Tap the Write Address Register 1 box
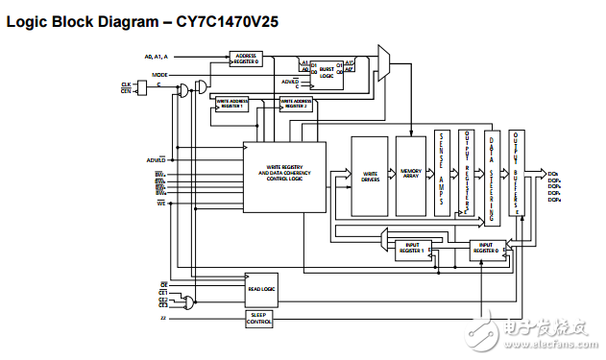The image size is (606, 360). (x=231, y=104)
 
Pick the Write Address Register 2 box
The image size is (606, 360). (x=296, y=104)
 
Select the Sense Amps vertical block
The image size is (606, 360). (x=442, y=174)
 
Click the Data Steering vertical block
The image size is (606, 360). (x=492, y=173)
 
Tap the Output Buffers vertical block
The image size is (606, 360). (x=516, y=173)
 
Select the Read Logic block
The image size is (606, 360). (x=261, y=288)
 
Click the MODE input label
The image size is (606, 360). (x=160, y=74)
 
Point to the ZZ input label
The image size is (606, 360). (x=163, y=316)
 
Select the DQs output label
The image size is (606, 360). (x=554, y=174)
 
